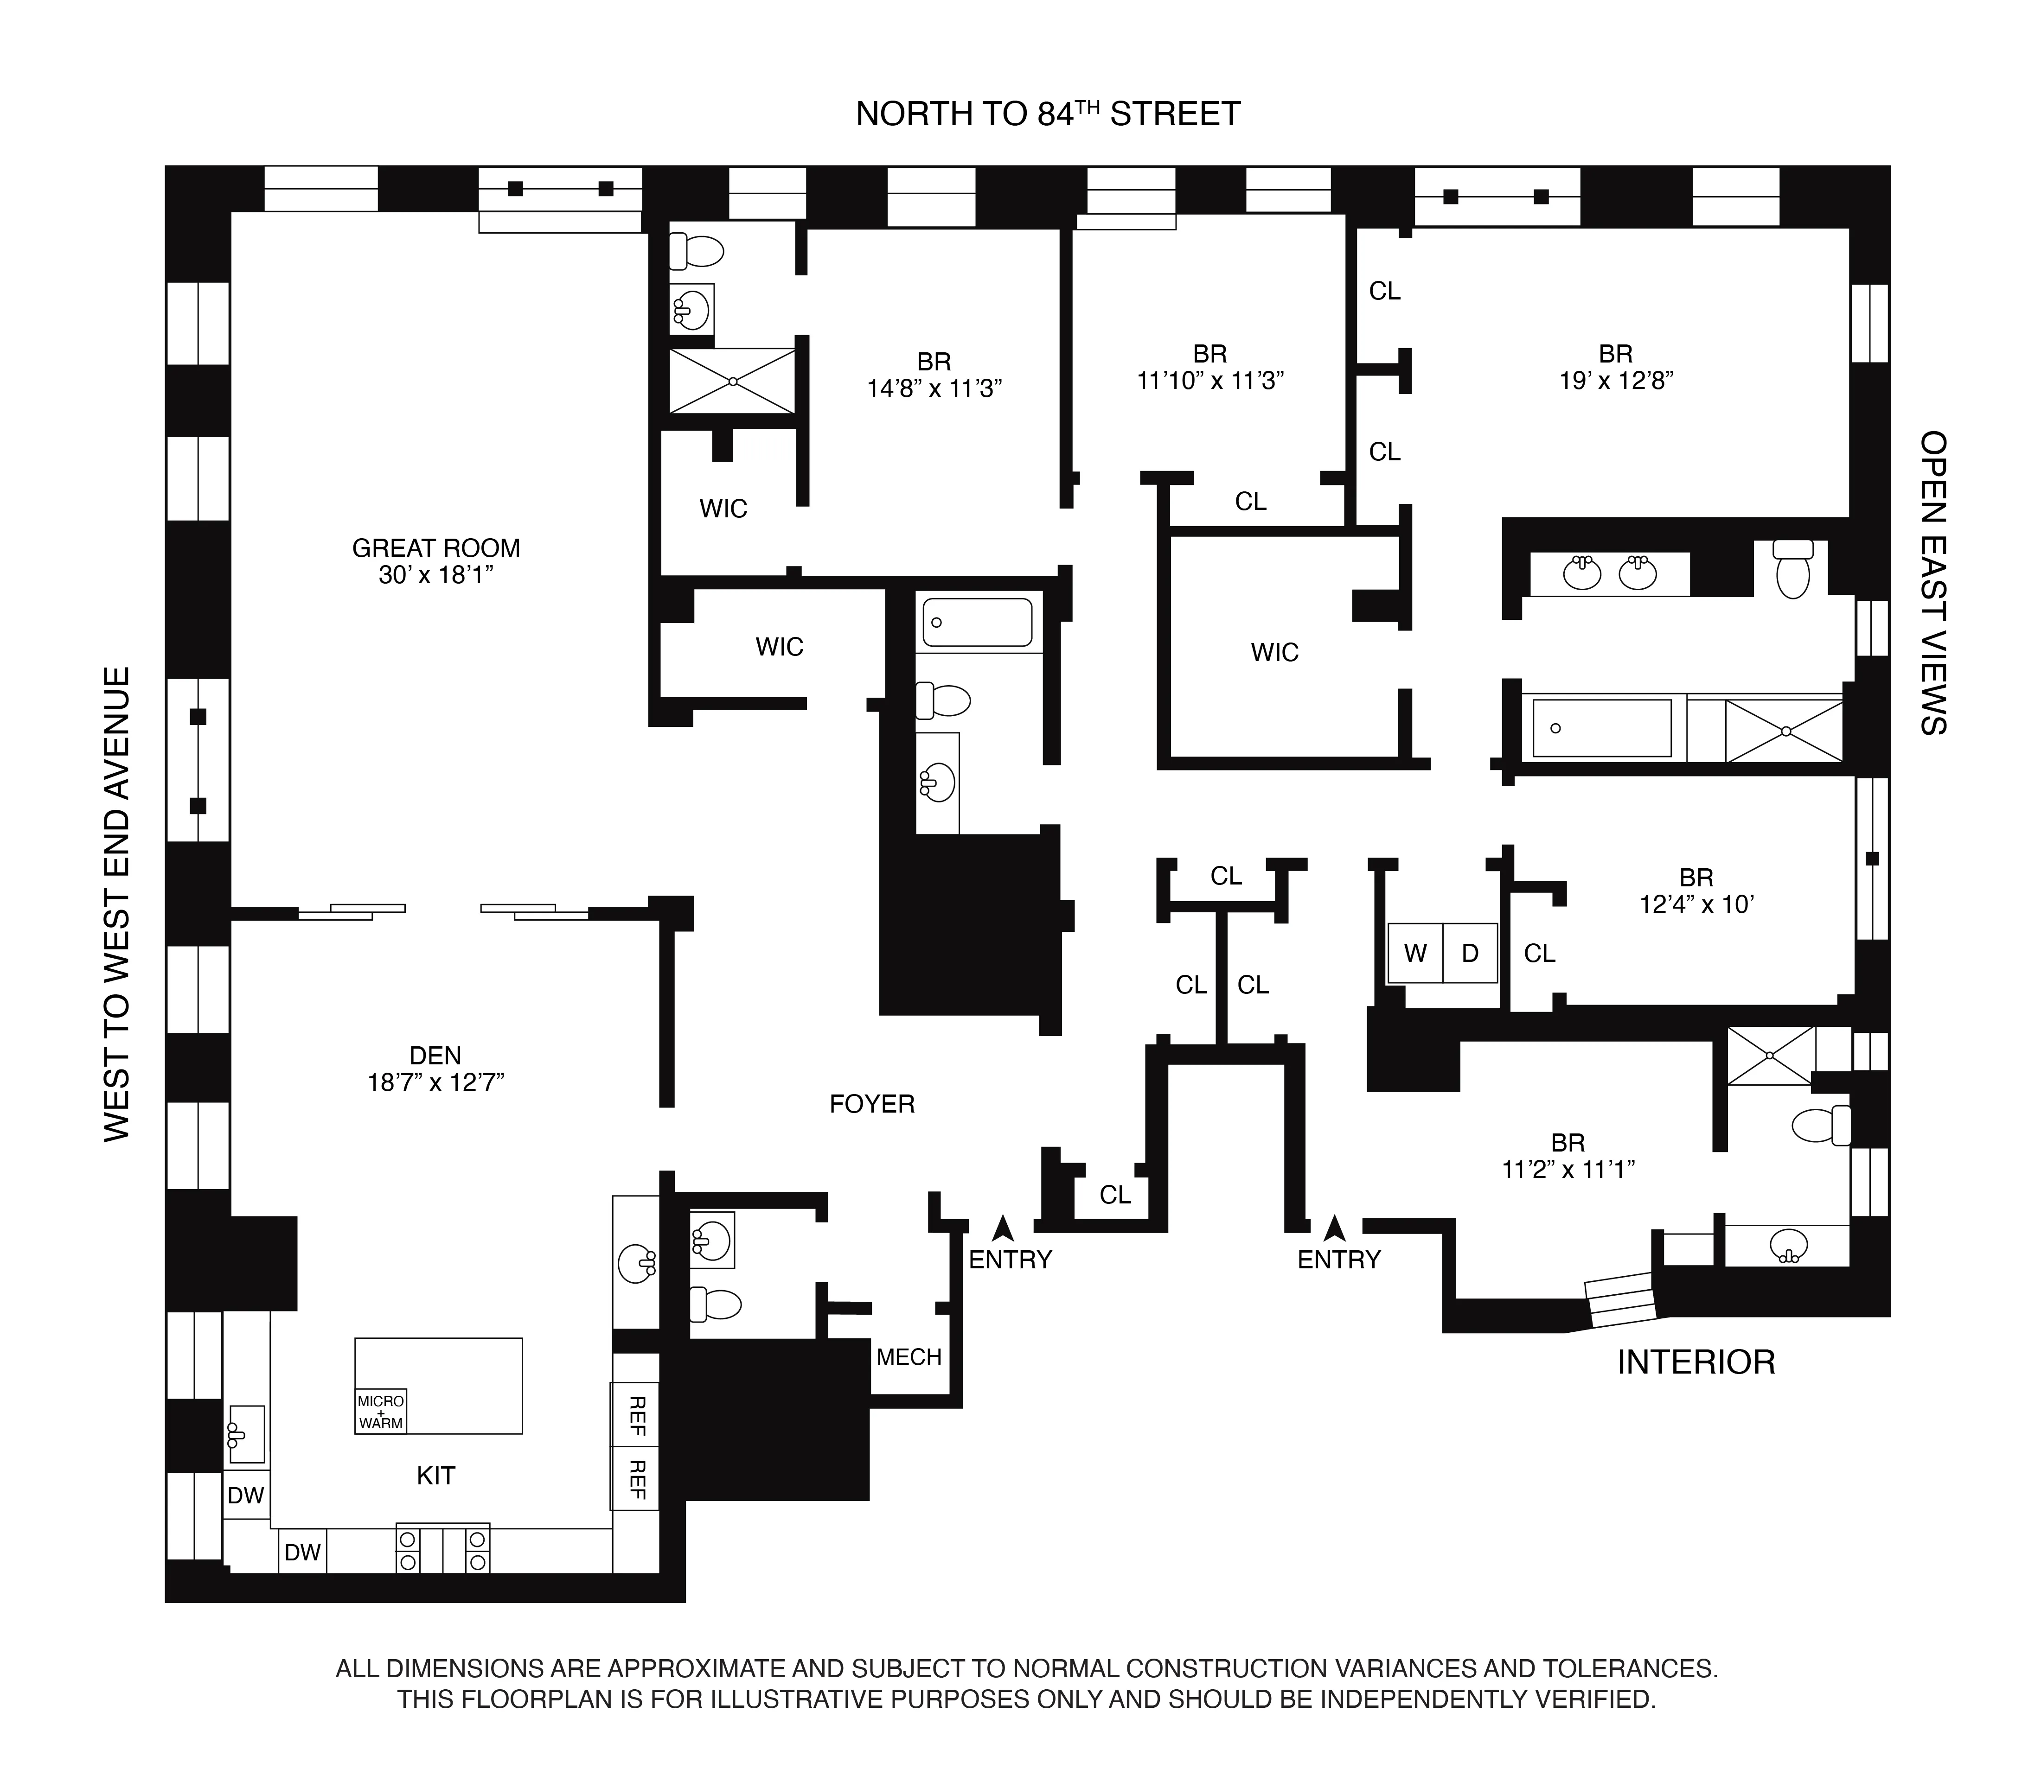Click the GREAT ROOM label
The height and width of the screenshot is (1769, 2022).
tap(435, 548)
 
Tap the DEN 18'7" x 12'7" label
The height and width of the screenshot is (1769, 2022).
tap(435, 1069)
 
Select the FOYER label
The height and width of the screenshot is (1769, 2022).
tap(872, 1104)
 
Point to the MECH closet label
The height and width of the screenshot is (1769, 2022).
tap(909, 1356)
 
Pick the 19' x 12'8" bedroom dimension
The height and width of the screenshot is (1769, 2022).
tap(1616, 381)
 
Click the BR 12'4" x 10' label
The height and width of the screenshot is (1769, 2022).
tap(1696, 891)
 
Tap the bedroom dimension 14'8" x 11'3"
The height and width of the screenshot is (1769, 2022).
tap(934, 389)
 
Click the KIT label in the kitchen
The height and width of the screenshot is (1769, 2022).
tap(435, 1475)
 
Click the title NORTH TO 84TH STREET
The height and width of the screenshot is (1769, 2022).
tap(1048, 115)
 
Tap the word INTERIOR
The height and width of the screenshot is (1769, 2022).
tap(1695, 1362)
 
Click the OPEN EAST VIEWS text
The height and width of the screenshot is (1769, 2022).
tap(1932, 582)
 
